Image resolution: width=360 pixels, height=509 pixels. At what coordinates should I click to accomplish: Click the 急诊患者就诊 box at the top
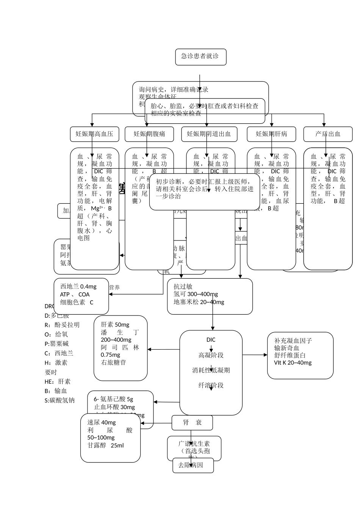point(200,57)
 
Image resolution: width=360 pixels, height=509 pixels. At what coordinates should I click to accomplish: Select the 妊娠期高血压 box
point(94,134)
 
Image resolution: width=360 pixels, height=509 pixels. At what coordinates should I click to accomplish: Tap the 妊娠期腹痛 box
point(149,134)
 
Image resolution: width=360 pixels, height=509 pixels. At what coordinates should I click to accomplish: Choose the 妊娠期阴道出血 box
point(209,134)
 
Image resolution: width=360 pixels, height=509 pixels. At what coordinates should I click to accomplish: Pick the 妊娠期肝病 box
point(271,134)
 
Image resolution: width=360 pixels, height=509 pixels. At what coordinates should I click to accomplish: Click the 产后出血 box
point(328,134)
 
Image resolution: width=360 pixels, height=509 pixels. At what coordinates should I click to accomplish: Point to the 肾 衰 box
point(192,423)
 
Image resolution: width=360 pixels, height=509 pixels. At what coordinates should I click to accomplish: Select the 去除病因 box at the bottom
point(193,465)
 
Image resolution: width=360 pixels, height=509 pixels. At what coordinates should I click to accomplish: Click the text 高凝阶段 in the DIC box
point(211,355)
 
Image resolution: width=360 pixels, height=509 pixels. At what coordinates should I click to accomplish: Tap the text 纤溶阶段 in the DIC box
point(211,386)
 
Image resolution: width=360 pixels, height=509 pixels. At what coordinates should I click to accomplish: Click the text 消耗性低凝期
point(211,370)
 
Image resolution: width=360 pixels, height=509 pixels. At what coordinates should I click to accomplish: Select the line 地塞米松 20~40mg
point(199,302)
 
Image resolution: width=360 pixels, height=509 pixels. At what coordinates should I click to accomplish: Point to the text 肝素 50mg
point(115,325)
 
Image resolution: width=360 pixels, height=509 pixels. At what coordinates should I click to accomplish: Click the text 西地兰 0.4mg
point(78,287)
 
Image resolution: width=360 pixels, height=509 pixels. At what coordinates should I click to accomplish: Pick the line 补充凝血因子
point(293,341)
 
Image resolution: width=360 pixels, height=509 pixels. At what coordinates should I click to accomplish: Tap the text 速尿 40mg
point(102,423)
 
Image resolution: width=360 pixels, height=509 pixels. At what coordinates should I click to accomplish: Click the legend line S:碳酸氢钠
point(59,400)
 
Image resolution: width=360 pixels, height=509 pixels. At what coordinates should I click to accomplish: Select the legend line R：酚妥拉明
point(62,325)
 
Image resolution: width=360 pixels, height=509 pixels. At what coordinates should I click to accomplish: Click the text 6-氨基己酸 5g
point(114,399)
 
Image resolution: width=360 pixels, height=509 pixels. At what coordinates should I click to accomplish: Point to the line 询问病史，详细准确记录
point(174,90)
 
